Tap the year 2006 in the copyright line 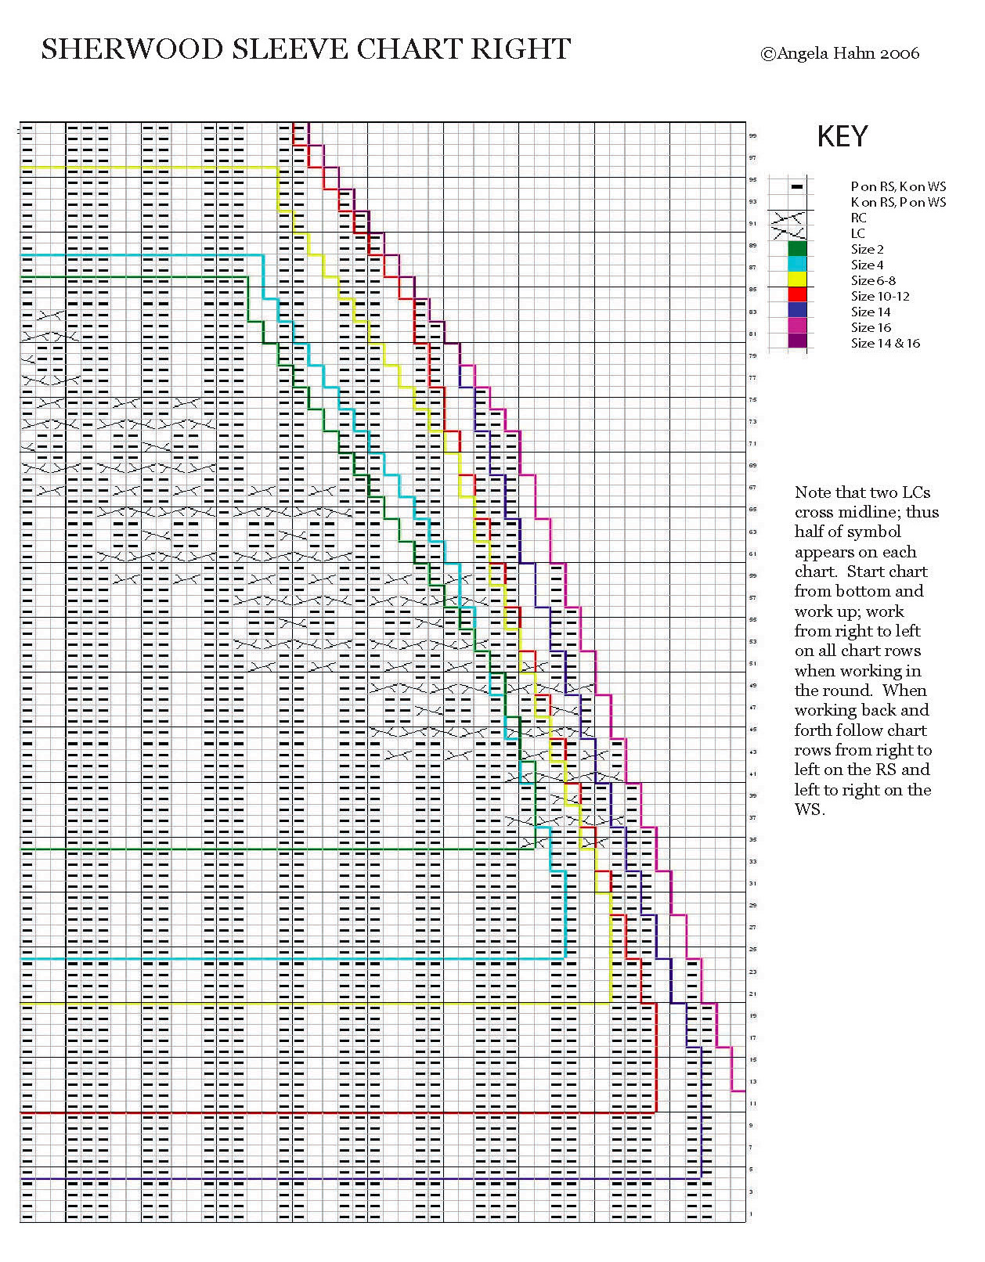[900, 54]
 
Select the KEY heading [842, 137]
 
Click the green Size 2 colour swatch [797, 249]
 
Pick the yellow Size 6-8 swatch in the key [797, 280]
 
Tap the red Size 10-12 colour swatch [797, 295]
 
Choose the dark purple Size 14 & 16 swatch [797, 342]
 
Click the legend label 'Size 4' [867, 265]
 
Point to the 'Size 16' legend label [871, 328]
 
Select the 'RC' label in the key [858, 218]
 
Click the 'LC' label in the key [857, 234]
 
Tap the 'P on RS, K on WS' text [898, 186]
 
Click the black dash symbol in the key [797, 186]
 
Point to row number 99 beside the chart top [752, 136]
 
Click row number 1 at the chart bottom [752, 1214]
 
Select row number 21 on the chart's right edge [752, 994]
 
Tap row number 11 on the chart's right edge [752, 1104]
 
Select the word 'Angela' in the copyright [804, 54]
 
